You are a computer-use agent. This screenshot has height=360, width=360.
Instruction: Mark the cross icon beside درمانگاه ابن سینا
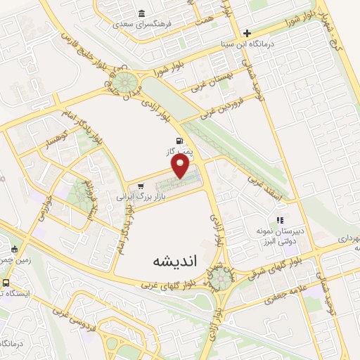247,32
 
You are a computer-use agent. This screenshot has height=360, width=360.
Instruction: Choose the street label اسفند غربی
266,190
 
